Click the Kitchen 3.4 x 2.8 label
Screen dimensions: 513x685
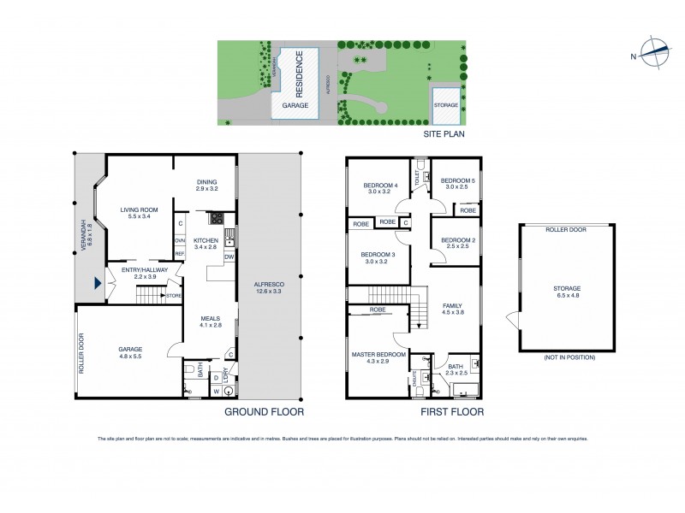(x=206, y=245)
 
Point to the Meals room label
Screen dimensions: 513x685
(x=211, y=321)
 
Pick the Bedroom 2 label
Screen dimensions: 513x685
(x=456, y=243)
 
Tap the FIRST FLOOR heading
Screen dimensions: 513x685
(x=451, y=412)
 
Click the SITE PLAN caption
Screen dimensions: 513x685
(x=444, y=135)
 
